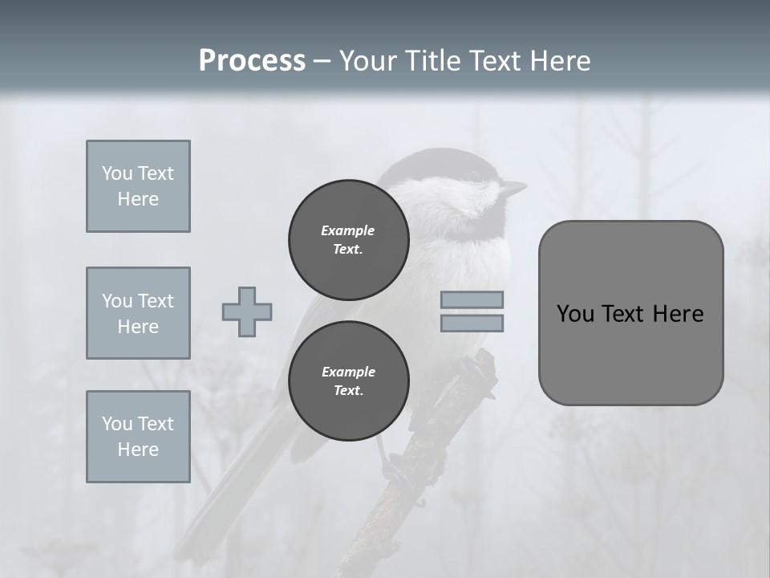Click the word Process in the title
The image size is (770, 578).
(252, 60)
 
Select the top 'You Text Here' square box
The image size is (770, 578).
(138, 186)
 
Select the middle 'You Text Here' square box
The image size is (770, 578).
(138, 313)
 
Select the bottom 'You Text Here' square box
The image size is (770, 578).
(138, 437)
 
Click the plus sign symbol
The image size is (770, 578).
(247, 311)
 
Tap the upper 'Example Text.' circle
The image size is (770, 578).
(349, 240)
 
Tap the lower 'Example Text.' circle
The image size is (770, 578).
(349, 381)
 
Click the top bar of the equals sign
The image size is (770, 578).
(472, 299)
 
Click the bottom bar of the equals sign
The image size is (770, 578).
(472, 323)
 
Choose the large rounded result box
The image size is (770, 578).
(630, 313)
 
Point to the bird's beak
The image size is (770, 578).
(513, 189)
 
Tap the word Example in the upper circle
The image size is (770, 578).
(348, 230)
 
